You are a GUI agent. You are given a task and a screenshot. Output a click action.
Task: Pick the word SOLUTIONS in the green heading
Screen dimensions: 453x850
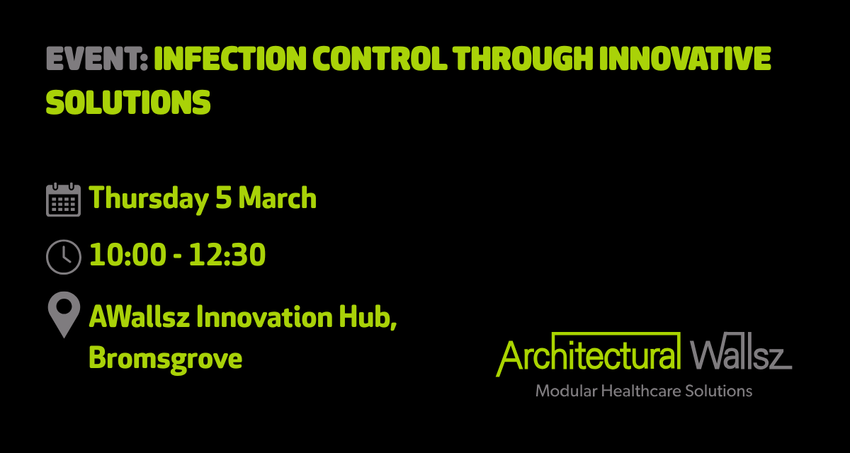pyautogui.click(x=128, y=103)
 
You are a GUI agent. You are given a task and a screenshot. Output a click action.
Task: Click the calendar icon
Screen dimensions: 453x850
pyautogui.click(x=63, y=199)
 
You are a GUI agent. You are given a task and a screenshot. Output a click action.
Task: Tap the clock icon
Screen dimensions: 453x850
pyautogui.click(x=63, y=256)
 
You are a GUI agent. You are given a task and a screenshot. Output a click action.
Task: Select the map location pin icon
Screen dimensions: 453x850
pyautogui.click(x=63, y=316)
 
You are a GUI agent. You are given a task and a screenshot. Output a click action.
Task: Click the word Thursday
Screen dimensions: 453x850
pyautogui.click(x=148, y=199)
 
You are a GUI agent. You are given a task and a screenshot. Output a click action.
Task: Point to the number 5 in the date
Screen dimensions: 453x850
pyautogui.click(x=222, y=199)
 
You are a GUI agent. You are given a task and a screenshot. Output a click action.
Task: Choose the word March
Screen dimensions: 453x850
pyautogui.click(x=277, y=199)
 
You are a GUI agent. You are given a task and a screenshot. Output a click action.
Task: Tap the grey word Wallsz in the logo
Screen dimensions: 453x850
pyautogui.click(x=740, y=355)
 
